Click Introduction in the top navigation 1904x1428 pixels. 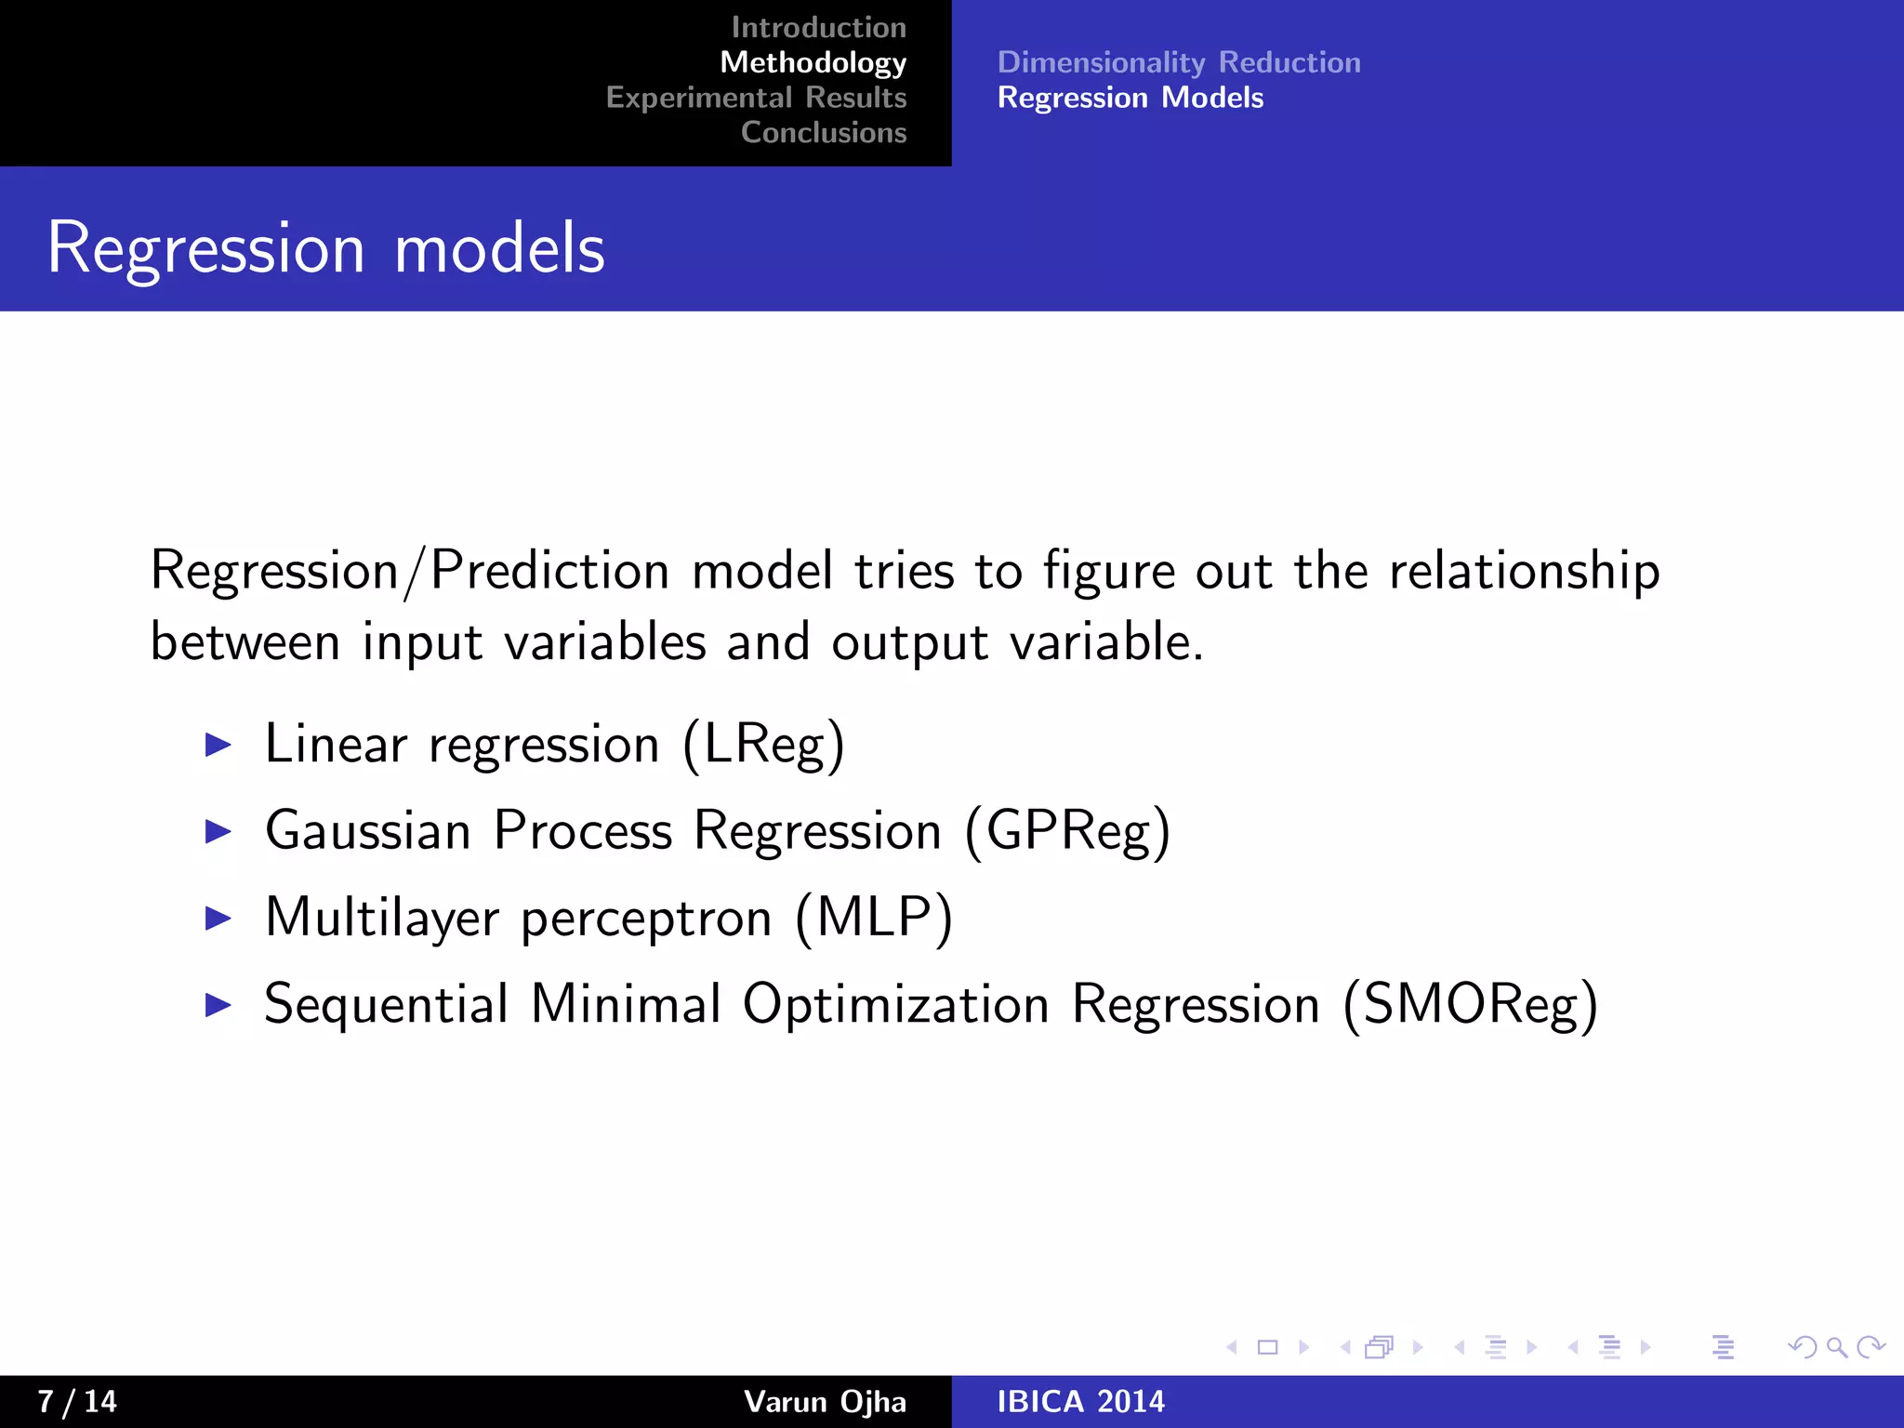(x=818, y=28)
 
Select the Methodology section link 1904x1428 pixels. (x=813, y=62)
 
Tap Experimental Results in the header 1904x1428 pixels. (x=756, y=98)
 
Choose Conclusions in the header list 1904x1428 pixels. (x=823, y=133)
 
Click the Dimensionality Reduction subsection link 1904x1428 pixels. (x=1178, y=62)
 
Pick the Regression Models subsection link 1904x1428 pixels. (x=1130, y=98)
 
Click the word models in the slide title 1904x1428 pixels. (x=499, y=249)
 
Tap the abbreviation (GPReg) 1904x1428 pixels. (x=1066, y=831)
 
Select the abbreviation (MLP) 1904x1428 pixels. (x=873, y=919)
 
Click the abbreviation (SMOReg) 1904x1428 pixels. (x=1470, y=1006)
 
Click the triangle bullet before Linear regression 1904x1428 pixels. (x=218, y=745)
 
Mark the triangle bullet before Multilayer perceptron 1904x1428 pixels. (x=218, y=919)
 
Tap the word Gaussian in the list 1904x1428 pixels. (x=368, y=831)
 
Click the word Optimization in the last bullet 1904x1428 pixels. (x=895, y=1006)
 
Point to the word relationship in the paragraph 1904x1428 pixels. (x=1524, y=571)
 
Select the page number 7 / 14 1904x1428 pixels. (x=77, y=1401)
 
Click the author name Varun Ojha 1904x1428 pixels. (x=825, y=1401)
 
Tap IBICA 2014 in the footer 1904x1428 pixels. (x=1080, y=1401)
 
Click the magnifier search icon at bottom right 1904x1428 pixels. (x=1836, y=1347)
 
